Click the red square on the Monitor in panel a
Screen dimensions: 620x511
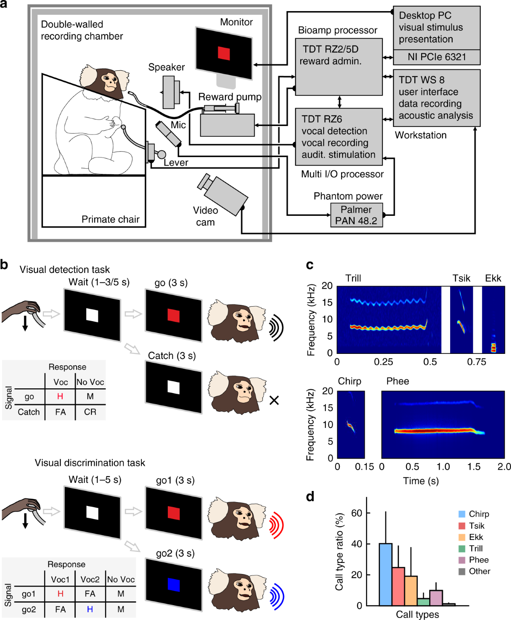(x=224, y=53)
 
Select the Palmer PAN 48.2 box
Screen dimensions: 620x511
(x=356, y=215)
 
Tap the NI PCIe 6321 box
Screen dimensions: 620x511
(x=436, y=57)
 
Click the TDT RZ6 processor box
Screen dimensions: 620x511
(x=339, y=137)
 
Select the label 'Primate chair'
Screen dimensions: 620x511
(x=110, y=219)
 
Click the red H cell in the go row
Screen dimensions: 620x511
(x=60, y=396)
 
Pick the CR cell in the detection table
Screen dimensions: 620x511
(x=90, y=412)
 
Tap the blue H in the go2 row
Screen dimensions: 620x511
(x=90, y=609)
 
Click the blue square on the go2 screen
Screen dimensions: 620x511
(x=173, y=585)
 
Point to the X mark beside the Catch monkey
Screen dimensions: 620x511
(x=274, y=400)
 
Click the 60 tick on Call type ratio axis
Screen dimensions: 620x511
(x=357, y=513)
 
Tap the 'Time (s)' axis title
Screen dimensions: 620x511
(x=421, y=481)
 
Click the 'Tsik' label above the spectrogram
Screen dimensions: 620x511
(x=461, y=278)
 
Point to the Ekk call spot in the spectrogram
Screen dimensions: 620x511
(x=494, y=347)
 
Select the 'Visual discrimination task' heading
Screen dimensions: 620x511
(x=90, y=463)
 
